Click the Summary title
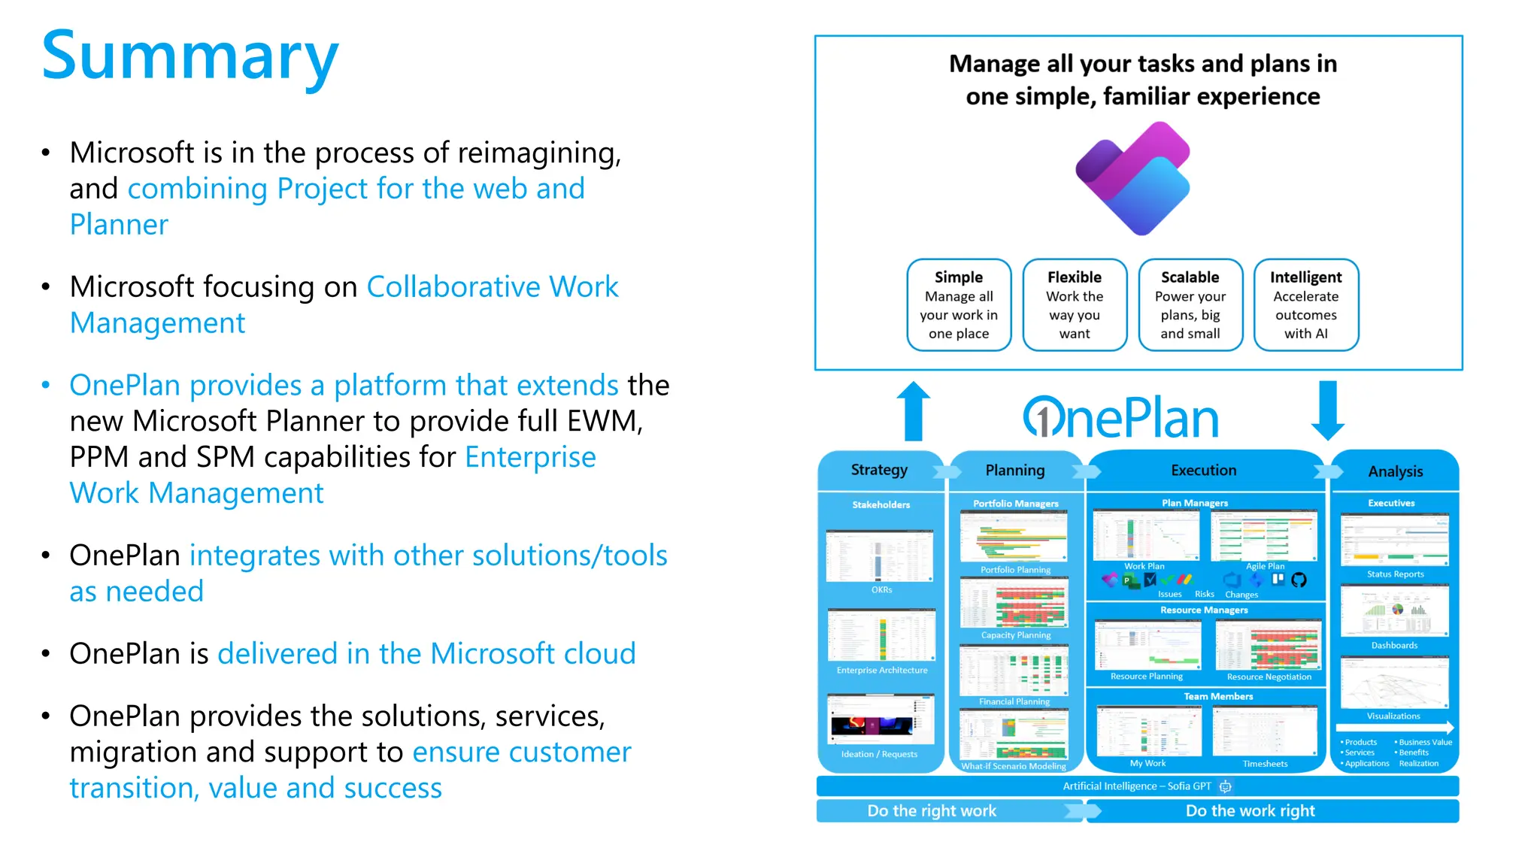click(x=189, y=56)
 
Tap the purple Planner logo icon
click(x=1132, y=179)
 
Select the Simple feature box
click(x=959, y=304)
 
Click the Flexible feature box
click(x=1075, y=304)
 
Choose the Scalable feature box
click(x=1190, y=304)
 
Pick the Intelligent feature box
click(x=1306, y=304)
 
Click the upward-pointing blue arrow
click(x=914, y=411)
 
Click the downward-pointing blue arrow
click(x=1328, y=410)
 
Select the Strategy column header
click(x=879, y=470)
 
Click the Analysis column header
click(x=1395, y=471)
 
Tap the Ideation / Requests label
click(x=879, y=754)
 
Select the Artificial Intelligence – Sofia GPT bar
click(x=1137, y=786)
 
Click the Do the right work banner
click(x=932, y=811)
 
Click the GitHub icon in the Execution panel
click(x=1299, y=580)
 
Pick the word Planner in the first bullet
click(x=119, y=225)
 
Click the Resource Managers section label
click(x=1204, y=610)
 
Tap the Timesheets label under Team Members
click(x=1265, y=764)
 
